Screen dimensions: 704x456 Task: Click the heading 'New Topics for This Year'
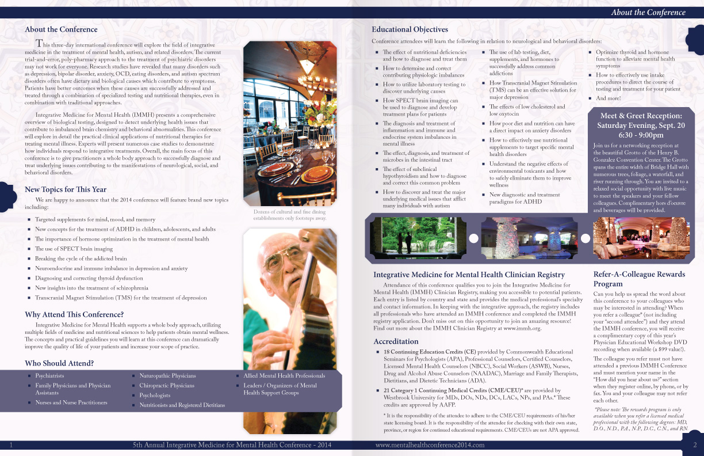click(66, 189)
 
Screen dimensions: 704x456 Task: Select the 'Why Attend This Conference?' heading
click(74, 314)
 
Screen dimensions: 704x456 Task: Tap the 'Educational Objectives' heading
click(410, 29)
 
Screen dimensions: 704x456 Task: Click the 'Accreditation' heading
click(396, 341)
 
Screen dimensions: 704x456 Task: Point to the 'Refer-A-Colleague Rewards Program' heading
click(639, 279)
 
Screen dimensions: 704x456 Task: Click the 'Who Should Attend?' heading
click(59, 363)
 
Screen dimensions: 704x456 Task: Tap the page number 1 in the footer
click(12, 444)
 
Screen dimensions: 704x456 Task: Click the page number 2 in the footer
click(695, 444)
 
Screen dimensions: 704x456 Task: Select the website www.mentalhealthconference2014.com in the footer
click(430, 444)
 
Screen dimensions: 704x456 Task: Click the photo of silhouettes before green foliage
click(418, 238)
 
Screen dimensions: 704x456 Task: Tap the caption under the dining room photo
click(290, 215)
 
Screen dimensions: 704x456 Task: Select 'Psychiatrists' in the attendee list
click(49, 375)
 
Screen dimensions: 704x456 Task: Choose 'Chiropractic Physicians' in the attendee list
click(167, 385)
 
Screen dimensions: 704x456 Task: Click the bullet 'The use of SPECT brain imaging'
click(74, 249)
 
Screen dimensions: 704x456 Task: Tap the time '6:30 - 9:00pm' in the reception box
click(641, 135)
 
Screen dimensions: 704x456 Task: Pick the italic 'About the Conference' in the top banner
click(648, 12)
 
